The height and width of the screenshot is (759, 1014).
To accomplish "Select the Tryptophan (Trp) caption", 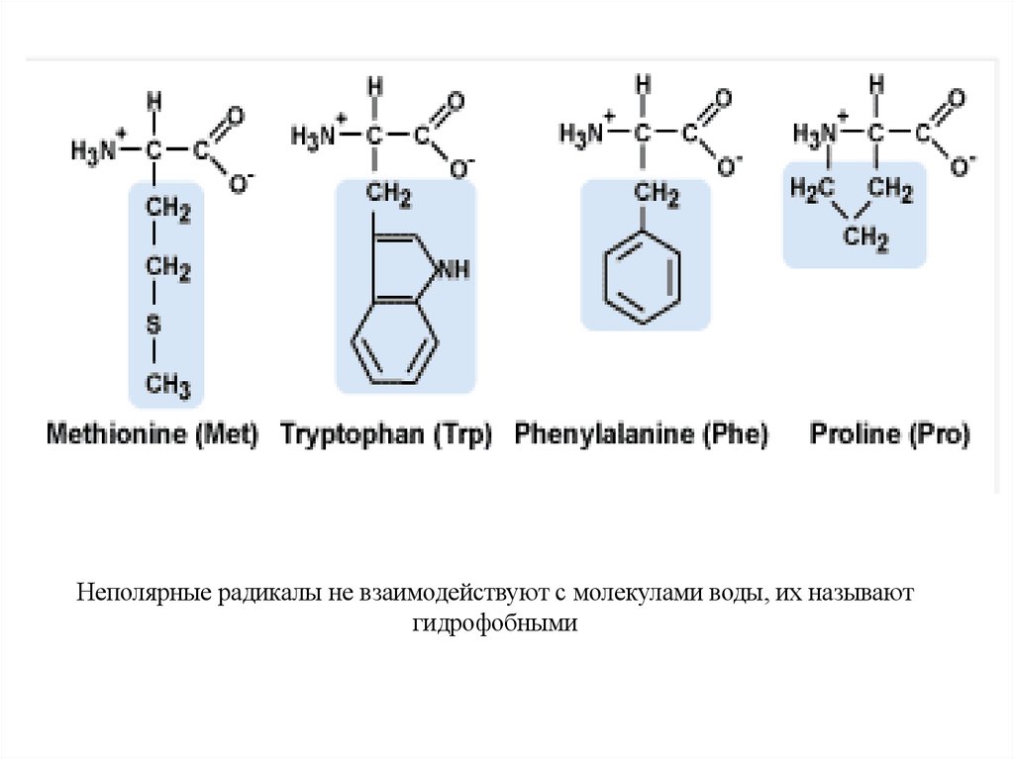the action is [386, 434].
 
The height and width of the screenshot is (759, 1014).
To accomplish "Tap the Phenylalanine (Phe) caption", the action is [641, 434].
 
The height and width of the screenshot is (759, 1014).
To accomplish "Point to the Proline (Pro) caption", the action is [890, 433].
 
